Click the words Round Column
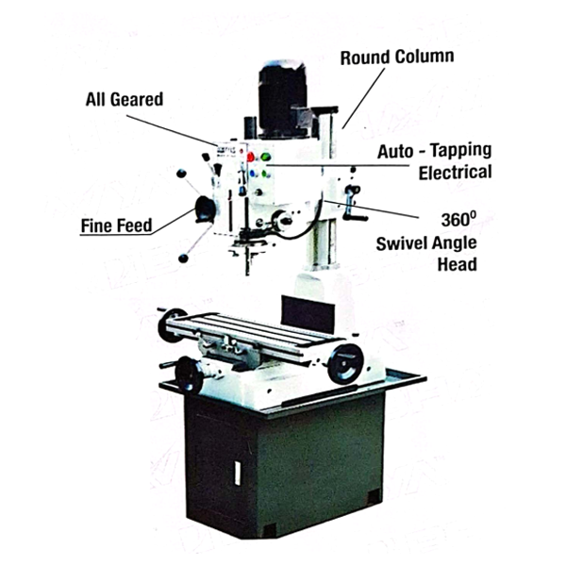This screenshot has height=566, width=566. pyautogui.click(x=397, y=58)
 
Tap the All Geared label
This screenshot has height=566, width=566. pyautogui.click(x=125, y=99)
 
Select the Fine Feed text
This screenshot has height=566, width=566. pyautogui.click(x=116, y=225)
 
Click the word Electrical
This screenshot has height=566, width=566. pyautogui.click(x=456, y=173)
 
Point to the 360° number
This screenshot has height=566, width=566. pyautogui.click(x=458, y=219)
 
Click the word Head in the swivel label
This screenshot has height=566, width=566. pyautogui.click(x=457, y=264)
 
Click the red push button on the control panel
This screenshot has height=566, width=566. pyautogui.click(x=251, y=157)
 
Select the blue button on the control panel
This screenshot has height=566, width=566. pyautogui.click(x=253, y=174)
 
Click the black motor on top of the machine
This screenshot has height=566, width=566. pyautogui.click(x=282, y=99)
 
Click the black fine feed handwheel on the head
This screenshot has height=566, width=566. pyautogui.click(x=205, y=209)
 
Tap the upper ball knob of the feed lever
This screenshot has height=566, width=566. pyautogui.click(x=181, y=174)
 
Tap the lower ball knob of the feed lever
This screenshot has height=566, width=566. pyautogui.click(x=183, y=258)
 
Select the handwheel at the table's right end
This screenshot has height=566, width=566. pyautogui.click(x=345, y=363)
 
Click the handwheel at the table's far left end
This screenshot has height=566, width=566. pyautogui.click(x=171, y=325)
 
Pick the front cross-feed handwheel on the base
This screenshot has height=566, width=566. pyautogui.click(x=189, y=375)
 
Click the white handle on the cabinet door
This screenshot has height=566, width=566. pyautogui.click(x=238, y=474)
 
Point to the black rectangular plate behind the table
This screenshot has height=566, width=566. pyautogui.click(x=308, y=315)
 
